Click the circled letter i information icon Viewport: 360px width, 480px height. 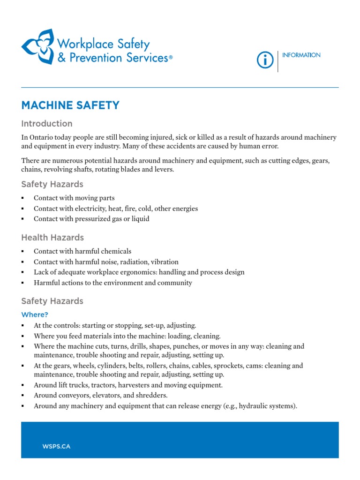[x=265, y=60]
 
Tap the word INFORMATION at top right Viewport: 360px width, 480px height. [x=301, y=55]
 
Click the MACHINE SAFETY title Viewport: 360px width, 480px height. [x=70, y=105]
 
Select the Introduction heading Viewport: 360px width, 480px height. [x=47, y=124]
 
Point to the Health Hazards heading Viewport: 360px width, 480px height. [x=52, y=238]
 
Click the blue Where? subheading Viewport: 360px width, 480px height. [x=35, y=315]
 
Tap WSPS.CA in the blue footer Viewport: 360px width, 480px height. [x=56, y=446]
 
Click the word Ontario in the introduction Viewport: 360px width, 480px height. [x=44, y=137]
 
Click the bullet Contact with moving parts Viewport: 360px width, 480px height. [x=74, y=198]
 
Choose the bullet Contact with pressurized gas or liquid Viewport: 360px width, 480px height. [x=91, y=219]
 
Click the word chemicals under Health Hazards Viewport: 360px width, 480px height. [x=116, y=251]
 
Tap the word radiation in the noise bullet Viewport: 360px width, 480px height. [x=134, y=262]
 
